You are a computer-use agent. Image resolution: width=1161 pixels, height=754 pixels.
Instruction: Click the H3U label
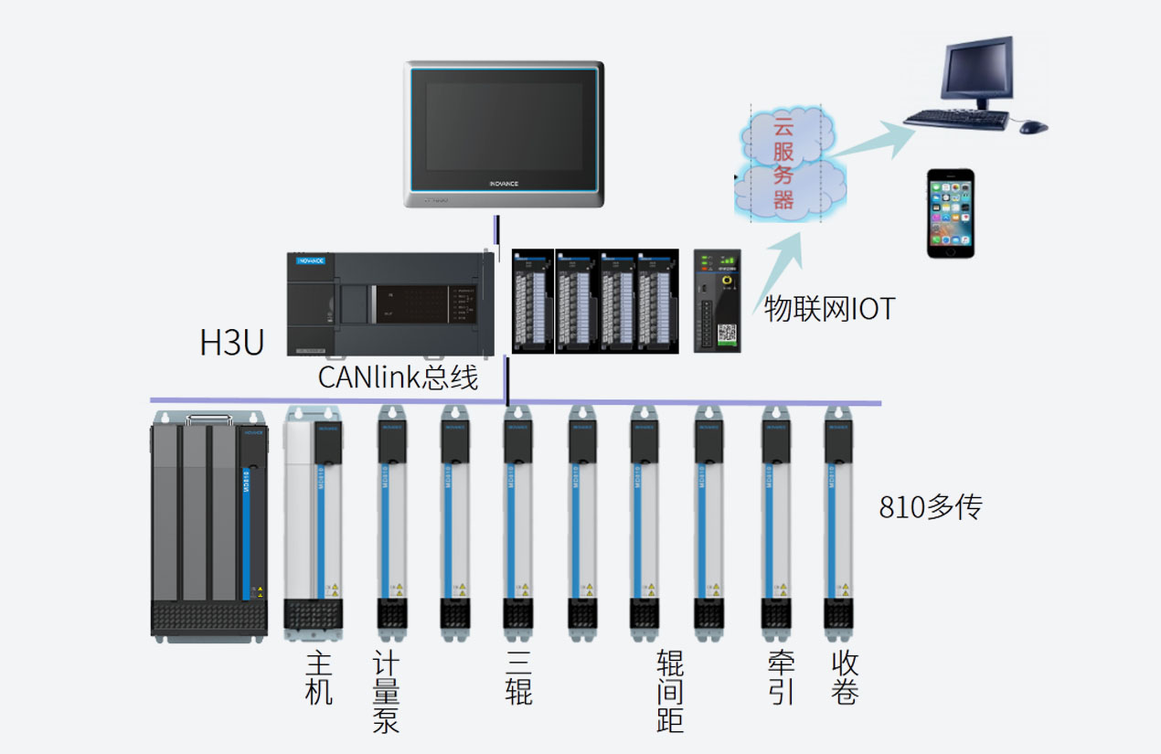[x=232, y=342]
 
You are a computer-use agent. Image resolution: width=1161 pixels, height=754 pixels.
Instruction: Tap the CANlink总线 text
[x=398, y=376]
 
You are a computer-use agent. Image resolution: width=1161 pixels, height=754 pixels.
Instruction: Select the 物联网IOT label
[x=829, y=309]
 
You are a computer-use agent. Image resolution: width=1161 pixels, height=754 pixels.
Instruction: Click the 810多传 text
[x=930, y=506]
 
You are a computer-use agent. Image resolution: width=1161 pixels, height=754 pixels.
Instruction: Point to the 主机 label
[x=318, y=678]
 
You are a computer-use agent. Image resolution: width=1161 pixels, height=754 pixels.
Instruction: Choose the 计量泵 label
[x=386, y=692]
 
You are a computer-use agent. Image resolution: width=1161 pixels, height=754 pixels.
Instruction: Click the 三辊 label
[x=517, y=678]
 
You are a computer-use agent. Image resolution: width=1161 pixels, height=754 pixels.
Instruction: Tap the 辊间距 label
[x=670, y=692]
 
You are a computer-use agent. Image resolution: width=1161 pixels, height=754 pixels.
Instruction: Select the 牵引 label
[x=781, y=678]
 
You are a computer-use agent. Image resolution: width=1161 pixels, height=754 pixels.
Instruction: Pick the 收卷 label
[x=845, y=678]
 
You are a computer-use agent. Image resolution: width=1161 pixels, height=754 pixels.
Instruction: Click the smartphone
[x=951, y=213]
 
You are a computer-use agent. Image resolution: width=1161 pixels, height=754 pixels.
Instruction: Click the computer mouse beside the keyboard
[x=1033, y=126]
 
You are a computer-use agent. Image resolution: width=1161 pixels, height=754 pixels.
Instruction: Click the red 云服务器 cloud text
[x=784, y=163]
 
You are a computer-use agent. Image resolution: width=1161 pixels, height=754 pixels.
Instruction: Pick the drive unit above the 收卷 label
[x=840, y=526]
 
